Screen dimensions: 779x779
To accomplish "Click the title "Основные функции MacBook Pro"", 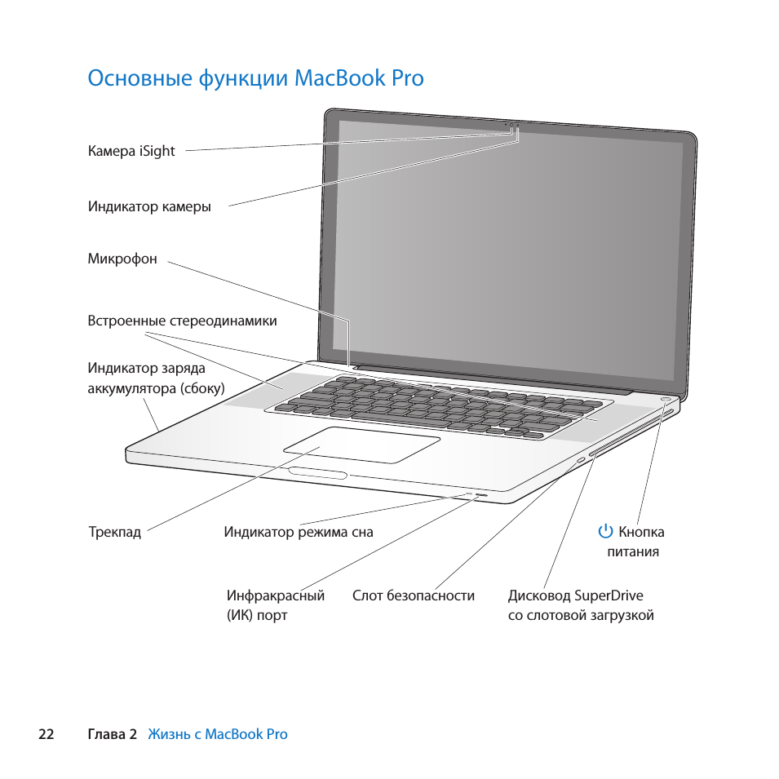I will click(255, 78).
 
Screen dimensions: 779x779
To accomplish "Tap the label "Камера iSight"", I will click(131, 151).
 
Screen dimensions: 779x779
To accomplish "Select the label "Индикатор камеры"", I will click(149, 206).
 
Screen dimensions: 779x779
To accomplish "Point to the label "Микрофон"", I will click(122, 259).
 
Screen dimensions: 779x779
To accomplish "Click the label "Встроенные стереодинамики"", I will click(182, 321).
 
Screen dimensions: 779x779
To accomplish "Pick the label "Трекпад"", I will click(114, 533).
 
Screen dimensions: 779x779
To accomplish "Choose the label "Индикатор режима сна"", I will click(299, 533).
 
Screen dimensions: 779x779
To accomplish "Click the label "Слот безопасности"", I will click(413, 595).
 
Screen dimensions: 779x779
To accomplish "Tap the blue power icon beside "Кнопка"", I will click(605, 532).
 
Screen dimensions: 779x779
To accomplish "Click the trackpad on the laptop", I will click(362, 445).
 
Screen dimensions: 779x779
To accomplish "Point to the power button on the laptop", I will click(666, 401).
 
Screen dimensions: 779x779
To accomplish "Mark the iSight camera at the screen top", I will click(511, 126).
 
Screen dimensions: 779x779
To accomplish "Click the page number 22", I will click(46, 734).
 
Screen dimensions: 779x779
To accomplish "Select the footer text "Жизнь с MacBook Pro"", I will click(218, 734).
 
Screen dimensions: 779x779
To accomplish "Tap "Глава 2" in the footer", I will click(112, 734).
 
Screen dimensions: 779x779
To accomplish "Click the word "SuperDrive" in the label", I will click(609, 595).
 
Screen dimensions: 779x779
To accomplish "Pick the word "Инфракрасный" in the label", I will click(276, 595).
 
